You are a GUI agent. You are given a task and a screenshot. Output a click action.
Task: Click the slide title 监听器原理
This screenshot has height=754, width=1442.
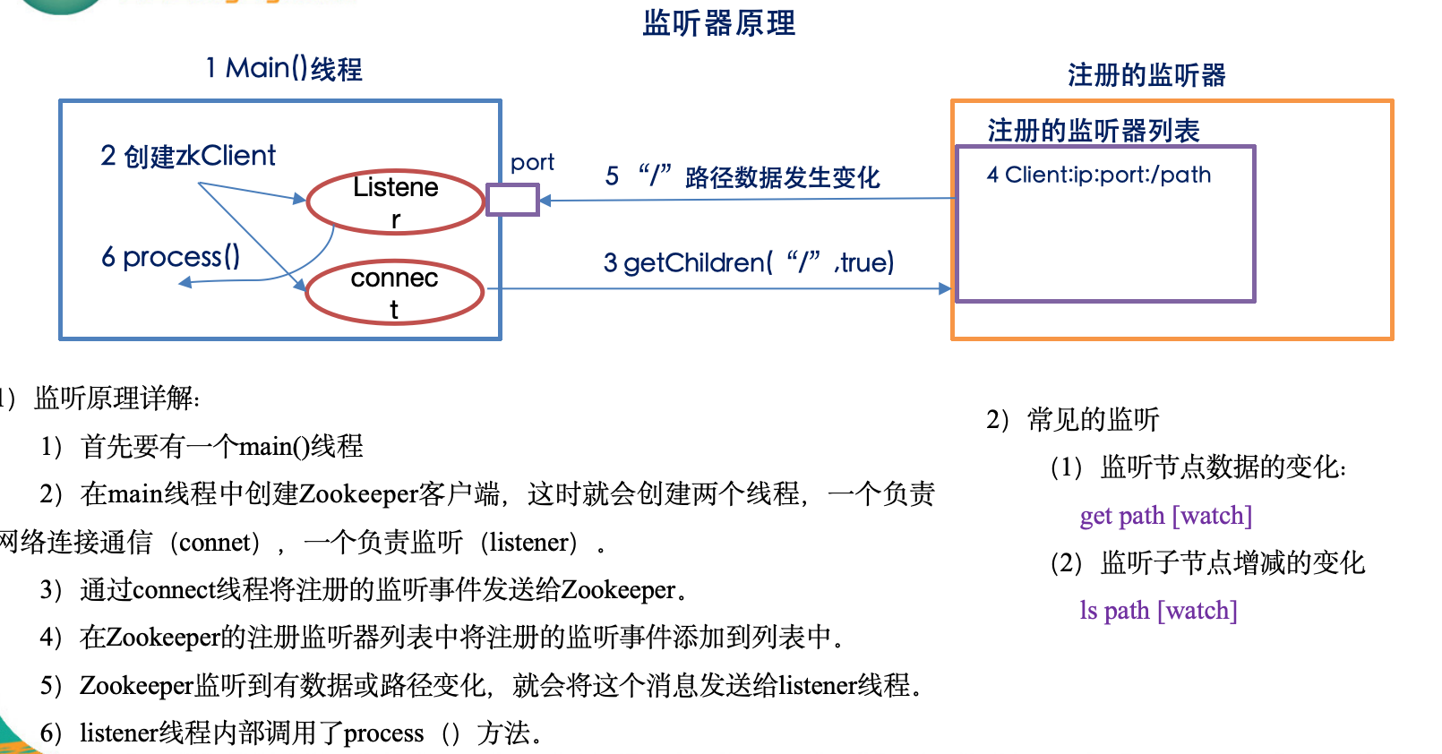pos(718,22)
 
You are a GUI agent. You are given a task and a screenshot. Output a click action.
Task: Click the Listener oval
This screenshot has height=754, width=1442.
pos(395,202)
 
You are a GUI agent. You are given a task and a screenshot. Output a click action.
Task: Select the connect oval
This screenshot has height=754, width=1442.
pos(394,292)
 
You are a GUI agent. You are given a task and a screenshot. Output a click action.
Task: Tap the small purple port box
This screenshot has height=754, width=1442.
pos(512,200)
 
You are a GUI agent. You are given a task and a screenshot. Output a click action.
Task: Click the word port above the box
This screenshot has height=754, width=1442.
pos(532,162)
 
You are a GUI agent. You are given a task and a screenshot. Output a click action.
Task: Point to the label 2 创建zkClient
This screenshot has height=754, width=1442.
pos(188,156)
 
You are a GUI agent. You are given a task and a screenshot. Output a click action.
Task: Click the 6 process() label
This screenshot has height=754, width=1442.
pos(170,257)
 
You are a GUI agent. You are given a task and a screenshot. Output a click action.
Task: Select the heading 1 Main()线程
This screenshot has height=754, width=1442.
pos(284,68)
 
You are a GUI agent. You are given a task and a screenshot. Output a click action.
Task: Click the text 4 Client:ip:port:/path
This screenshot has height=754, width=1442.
pos(1099,175)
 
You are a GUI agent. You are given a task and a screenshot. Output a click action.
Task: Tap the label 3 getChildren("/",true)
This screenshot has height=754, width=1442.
pos(749,262)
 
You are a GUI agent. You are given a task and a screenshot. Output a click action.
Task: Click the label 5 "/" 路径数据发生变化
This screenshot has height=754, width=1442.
pos(742,176)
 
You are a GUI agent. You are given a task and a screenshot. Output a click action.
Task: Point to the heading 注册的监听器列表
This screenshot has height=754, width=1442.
pos(1093,131)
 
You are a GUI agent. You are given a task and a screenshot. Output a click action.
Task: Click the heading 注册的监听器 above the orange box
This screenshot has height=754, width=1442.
pos(1146,75)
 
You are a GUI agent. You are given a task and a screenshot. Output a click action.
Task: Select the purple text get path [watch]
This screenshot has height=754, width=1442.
pos(1165,516)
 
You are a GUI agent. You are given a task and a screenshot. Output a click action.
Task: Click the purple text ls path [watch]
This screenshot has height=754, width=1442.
pos(1158,611)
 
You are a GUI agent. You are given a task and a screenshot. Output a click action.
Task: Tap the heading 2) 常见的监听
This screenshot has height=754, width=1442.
pos(1072,419)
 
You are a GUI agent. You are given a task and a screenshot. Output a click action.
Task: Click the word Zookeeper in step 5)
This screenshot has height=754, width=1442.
pos(136,685)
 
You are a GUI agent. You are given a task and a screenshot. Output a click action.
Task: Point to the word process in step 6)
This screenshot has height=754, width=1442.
pos(383,733)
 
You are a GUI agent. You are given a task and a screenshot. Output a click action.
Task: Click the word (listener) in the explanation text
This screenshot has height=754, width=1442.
pos(528,542)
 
